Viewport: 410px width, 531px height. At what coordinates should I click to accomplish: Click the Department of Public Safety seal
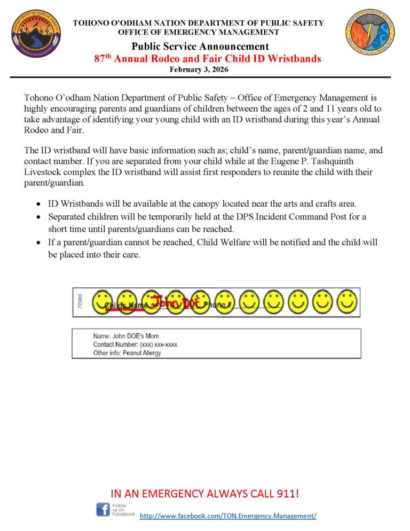[x=35, y=34]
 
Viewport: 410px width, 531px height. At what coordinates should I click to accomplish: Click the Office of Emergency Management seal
[x=370, y=33]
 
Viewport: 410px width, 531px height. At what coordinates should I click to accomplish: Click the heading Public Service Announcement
[x=200, y=46]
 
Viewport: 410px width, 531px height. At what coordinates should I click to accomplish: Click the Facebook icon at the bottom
[x=102, y=509]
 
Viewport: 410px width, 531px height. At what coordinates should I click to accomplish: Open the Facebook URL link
[x=228, y=516]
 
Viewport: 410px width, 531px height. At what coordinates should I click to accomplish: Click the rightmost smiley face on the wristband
[x=346, y=302]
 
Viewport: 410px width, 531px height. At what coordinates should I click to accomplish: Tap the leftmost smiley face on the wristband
[x=102, y=302]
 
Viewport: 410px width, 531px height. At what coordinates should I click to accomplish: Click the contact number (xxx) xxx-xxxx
[x=158, y=345]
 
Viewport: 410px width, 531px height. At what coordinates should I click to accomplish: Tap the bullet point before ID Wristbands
[x=39, y=204]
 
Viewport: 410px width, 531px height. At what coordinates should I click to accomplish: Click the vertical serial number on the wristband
[x=80, y=302]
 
